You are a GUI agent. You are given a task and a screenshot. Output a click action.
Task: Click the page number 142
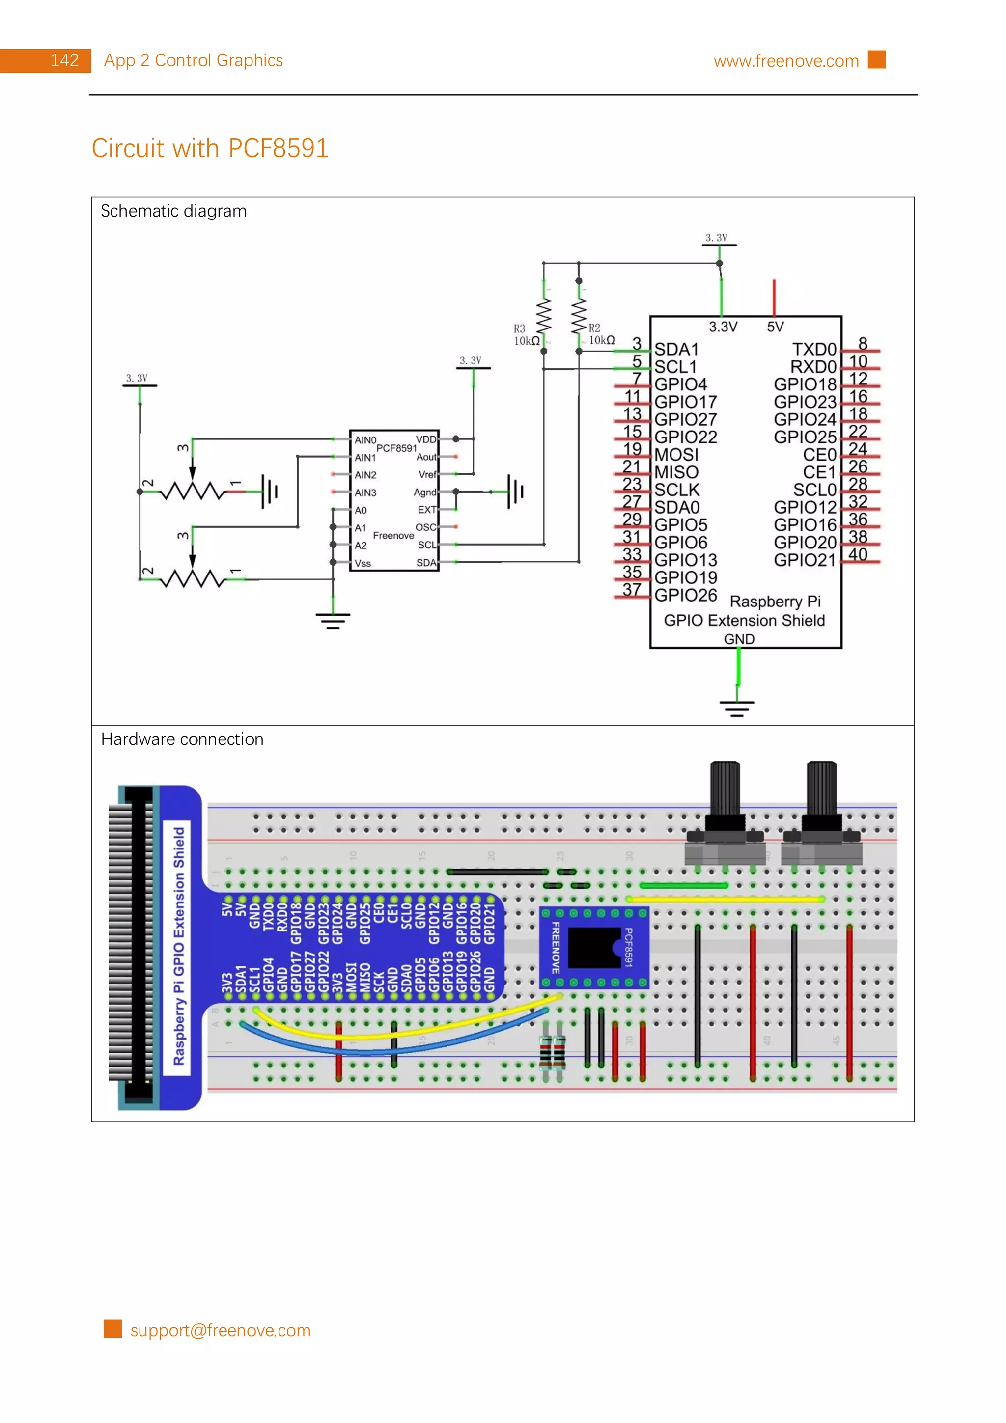click(x=64, y=61)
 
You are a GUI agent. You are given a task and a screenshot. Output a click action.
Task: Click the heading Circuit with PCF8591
click(x=210, y=149)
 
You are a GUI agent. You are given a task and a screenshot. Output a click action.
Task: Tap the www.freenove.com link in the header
click(x=785, y=61)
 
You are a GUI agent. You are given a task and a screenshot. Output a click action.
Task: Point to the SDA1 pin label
click(x=676, y=350)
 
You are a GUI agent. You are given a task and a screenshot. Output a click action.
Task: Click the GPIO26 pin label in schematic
click(x=686, y=596)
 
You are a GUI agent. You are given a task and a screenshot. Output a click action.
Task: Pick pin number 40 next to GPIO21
click(x=857, y=555)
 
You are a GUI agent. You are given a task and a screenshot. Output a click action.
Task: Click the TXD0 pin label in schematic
click(x=814, y=350)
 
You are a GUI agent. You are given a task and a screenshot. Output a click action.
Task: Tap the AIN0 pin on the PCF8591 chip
click(x=365, y=440)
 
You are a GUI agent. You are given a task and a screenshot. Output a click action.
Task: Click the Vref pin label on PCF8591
click(x=427, y=475)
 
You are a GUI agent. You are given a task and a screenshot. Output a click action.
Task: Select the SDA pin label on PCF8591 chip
click(x=426, y=563)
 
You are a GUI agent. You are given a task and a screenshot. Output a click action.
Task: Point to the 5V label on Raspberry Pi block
click(x=775, y=327)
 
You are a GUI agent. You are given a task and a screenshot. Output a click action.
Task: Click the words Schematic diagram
click(x=173, y=211)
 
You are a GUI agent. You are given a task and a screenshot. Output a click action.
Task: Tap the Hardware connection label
click(x=182, y=739)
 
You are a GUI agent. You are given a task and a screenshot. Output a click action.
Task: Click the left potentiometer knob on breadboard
click(x=725, y=790)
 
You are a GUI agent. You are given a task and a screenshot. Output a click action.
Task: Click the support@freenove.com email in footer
click(x=220, y=1331)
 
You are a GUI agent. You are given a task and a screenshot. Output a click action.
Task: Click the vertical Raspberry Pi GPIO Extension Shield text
click(x=178, y=946)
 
